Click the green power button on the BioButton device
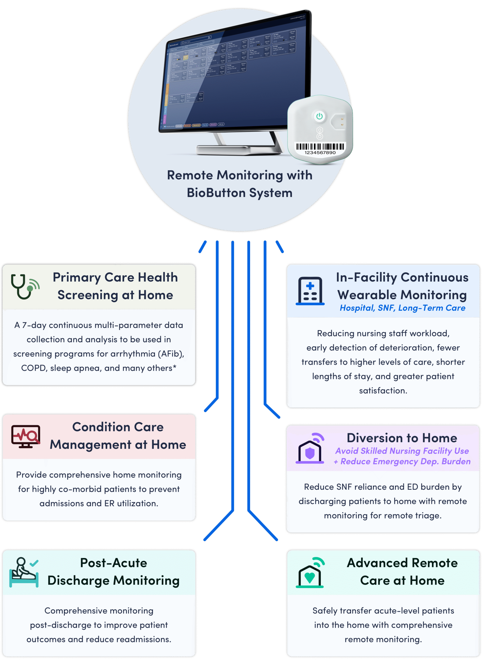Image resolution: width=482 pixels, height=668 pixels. point(319,116)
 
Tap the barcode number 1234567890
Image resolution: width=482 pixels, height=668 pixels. point(320,153)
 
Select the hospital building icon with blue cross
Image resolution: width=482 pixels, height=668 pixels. point(310,291)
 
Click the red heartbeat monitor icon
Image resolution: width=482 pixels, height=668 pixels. point(26,436)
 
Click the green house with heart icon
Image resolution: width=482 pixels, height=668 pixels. point(310,573)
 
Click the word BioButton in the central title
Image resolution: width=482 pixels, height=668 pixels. point(216,193)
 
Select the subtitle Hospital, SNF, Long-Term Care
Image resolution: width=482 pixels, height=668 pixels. point(402,308)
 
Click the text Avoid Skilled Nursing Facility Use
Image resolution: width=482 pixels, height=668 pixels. point(402,451)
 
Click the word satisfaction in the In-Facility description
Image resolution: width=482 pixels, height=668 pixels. point(383,391)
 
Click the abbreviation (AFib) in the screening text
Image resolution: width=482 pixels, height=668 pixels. point(171,354)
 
